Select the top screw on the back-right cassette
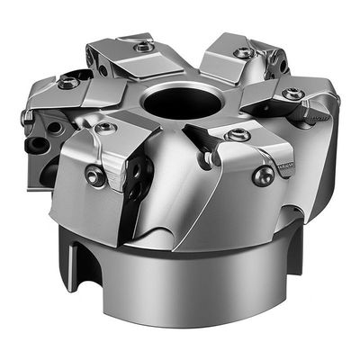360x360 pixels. coord(244,53)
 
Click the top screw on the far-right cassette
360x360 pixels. coord(292,93)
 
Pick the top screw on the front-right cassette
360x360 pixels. coord(238,135)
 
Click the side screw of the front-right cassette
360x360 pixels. coord(264,175)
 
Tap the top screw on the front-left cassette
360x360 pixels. coord(105,129)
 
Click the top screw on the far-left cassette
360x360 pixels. coord(67,83)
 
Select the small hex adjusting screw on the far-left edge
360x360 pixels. coord(27,116)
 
